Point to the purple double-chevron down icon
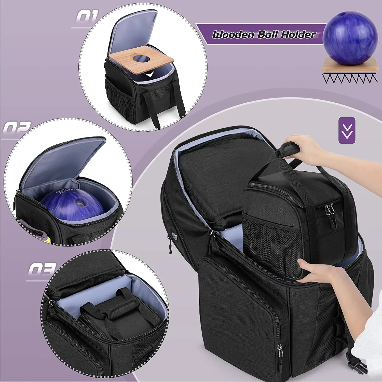click(x=347, y=130)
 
